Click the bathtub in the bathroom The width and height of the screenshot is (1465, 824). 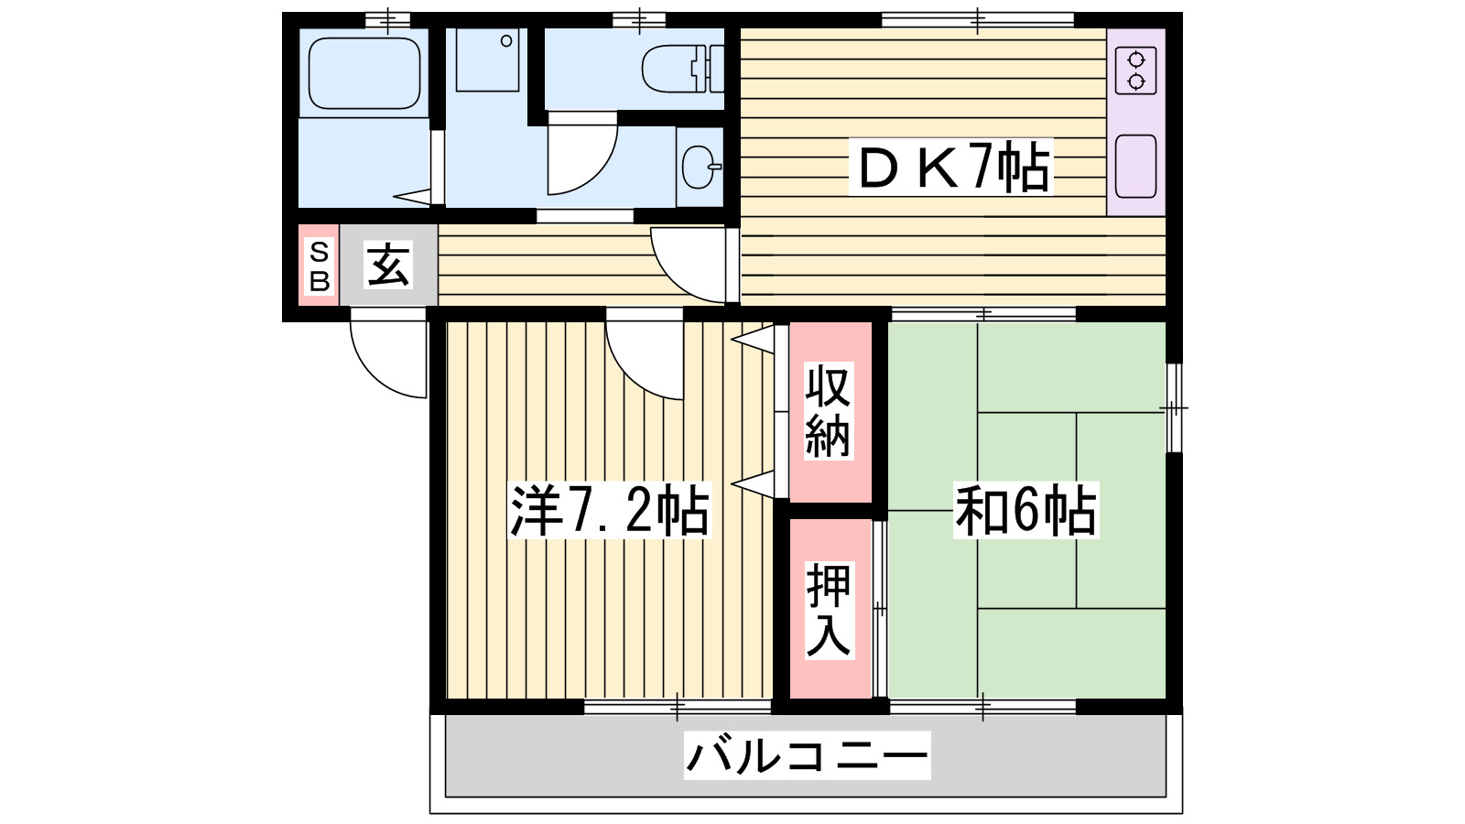point(364,73)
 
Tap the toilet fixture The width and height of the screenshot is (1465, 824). point(681,69)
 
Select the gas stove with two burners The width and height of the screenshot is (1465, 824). point(1135,71)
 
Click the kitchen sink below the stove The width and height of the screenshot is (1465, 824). point(1135,166)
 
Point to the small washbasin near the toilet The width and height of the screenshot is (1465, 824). point(700,167)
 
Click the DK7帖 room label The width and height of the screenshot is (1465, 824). point(951,167)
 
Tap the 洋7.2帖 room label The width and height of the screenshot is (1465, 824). point(609,510)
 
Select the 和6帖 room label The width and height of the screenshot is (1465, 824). point(1025,510)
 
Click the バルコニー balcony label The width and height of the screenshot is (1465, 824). point(807,756)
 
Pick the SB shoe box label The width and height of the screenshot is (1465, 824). point(319,266)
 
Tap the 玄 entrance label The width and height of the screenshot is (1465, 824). point(388,265)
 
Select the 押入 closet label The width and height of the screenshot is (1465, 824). point(828,610)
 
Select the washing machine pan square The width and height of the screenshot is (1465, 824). point(487,60)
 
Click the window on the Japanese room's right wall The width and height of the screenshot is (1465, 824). point(1173,407)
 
